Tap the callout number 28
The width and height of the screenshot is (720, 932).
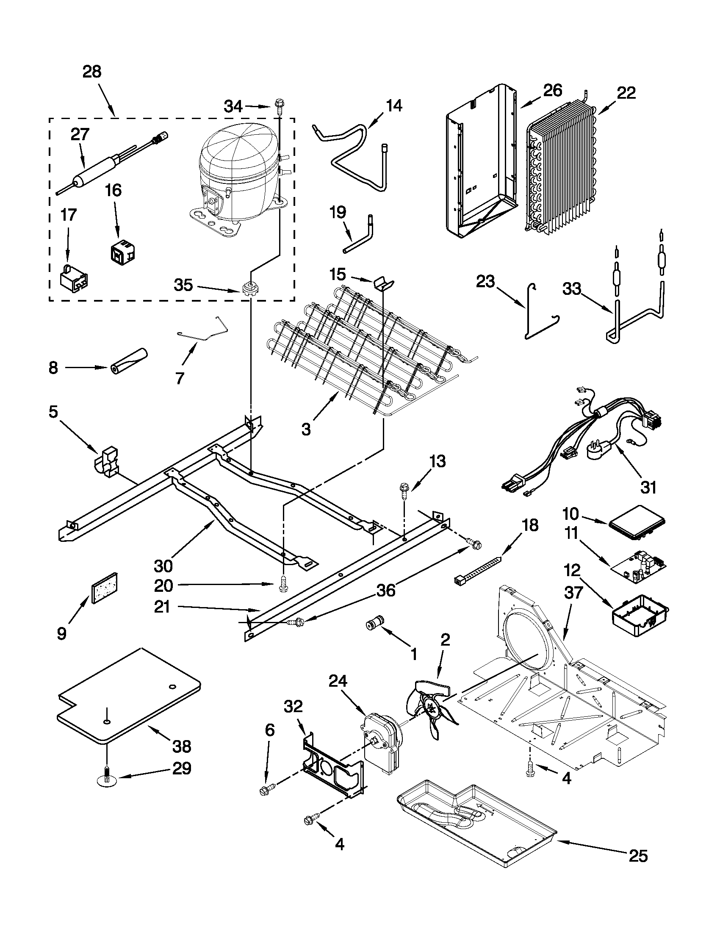pos(92,72)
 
